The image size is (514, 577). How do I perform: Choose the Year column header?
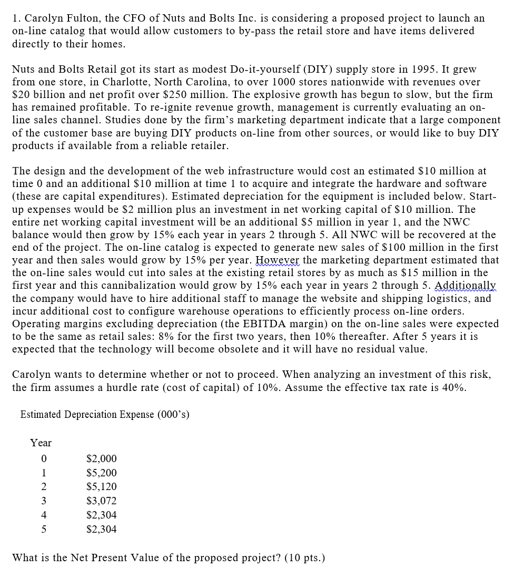41,443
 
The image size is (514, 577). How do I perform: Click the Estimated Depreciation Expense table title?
105,415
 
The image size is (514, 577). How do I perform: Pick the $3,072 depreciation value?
101,501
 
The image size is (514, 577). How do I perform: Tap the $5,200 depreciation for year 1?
101,473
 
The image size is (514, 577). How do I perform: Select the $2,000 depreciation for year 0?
101,458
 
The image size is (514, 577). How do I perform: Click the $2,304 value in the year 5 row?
101,529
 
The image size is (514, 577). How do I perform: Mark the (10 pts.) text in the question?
304,557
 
